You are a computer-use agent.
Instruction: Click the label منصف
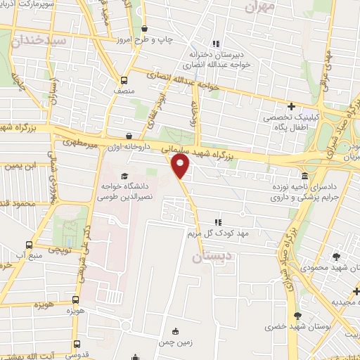click(x=124, y=91)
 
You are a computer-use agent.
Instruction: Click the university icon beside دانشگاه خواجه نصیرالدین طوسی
click(x=124, y=176)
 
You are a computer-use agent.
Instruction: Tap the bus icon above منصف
click(x=124, y=79)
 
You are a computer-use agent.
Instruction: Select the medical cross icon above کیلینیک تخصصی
click(x=290, y=106)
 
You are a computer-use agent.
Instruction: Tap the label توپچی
click(x=59, y=250)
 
